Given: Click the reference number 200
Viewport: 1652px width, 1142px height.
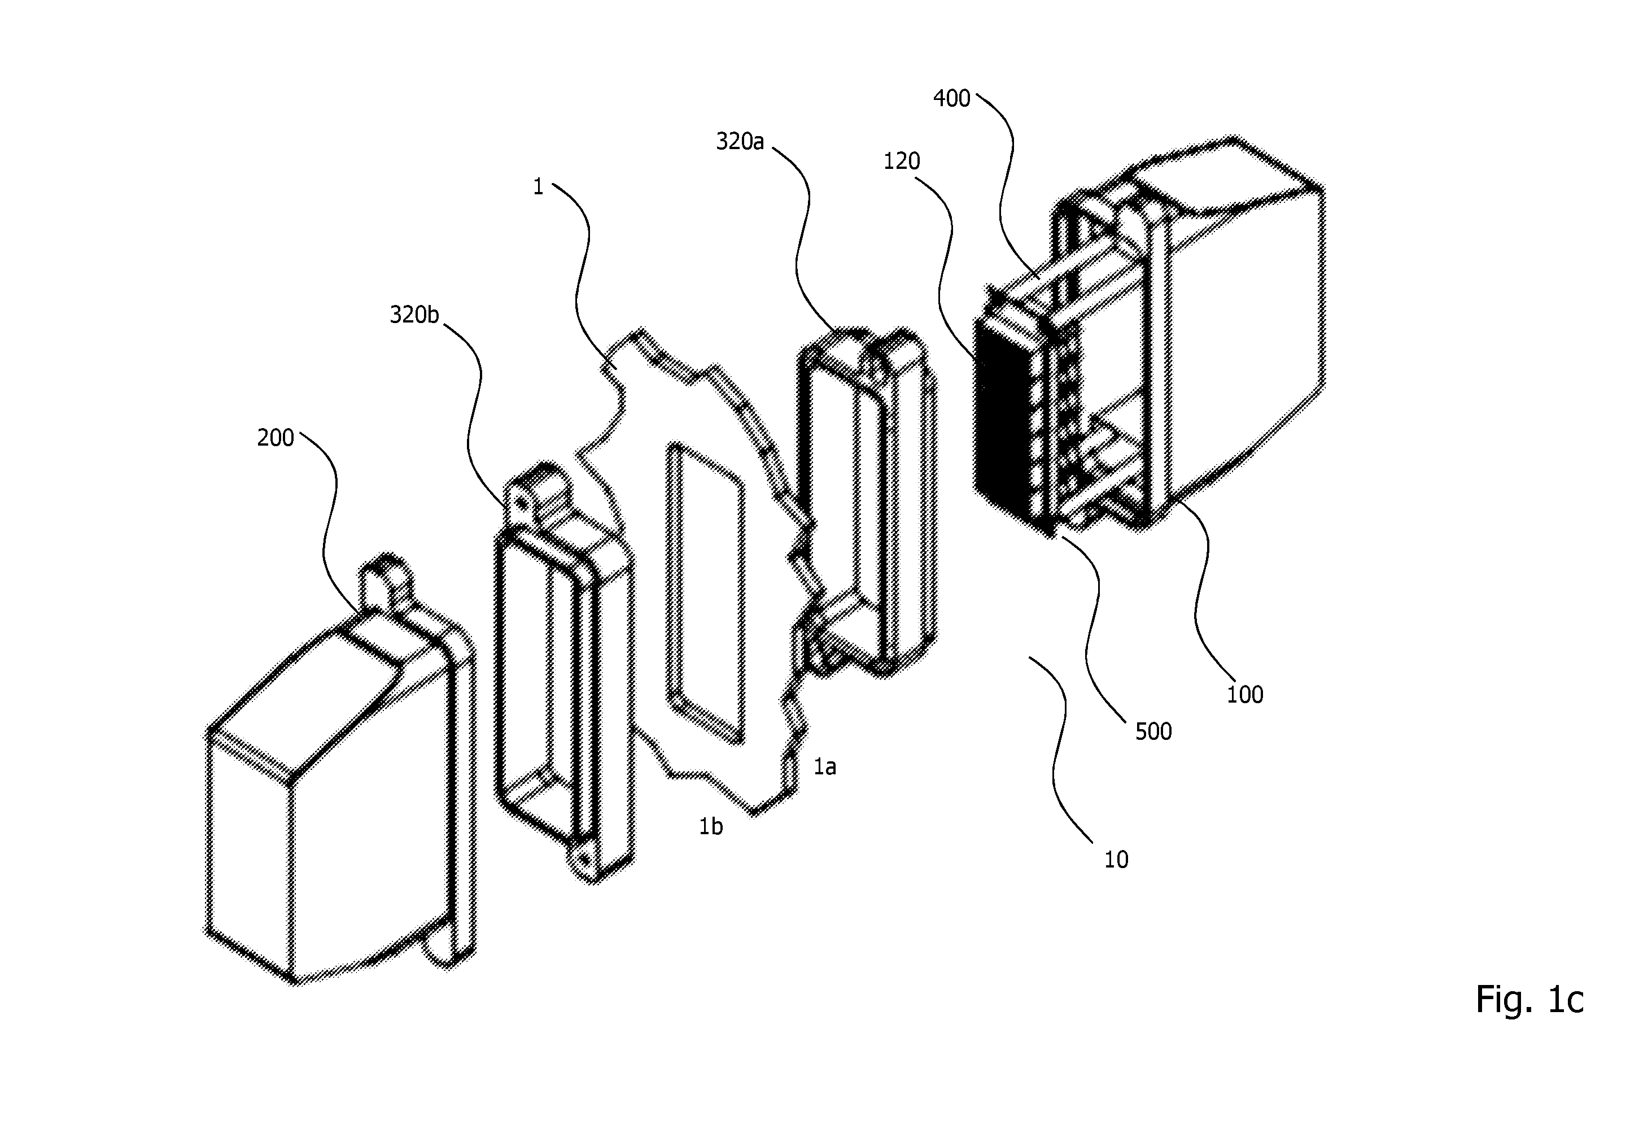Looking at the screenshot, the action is pyautogui.click(x=276, y=437).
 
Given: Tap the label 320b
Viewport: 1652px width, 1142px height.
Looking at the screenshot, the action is pyautogui.click(x=414, y=314).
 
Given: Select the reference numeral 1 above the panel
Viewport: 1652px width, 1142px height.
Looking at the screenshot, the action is pyautogui.click(x=539, y=187).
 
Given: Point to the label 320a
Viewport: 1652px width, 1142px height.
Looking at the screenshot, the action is pyautogui.click(x=740, y=142).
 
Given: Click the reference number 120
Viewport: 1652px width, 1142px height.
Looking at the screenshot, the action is pyautogui.click(x=901, y=161).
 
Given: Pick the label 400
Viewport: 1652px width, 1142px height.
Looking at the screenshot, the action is pyautogui.click(x=952, y=99).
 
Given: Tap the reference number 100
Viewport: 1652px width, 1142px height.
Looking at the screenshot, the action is pyautogui.click(x=1245, y=694).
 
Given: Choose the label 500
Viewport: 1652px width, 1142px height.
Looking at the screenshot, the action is pyautogui.click(x=1153, y=731).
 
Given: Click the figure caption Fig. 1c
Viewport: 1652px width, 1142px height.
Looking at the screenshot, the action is pyautogui.click(x=1529, y=999).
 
